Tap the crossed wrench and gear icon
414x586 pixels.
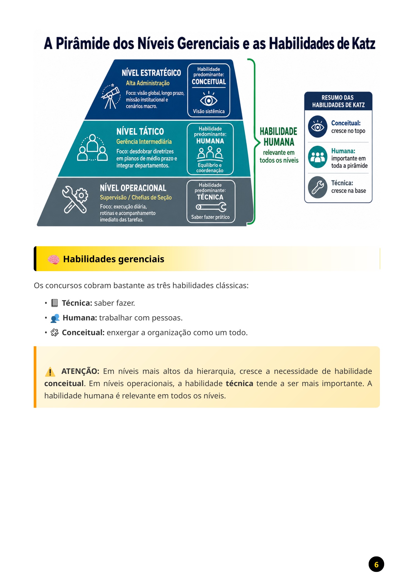click(75, 199)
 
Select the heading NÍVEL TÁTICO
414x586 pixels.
click(140, 131)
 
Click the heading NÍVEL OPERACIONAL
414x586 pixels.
click(133, 188)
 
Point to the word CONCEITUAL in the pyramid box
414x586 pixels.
click(209, 82)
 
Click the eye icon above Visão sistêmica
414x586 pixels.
click(209, 99)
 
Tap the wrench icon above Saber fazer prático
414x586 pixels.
click(211, 207)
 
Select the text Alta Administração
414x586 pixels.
click(148, 83)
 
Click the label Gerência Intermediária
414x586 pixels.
click(144, 141)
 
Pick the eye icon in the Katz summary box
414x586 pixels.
click(318, 127)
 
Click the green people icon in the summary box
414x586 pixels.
click(318, 157)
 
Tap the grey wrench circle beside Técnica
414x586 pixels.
click(318, 187)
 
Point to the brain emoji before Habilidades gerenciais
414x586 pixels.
click(53, 259)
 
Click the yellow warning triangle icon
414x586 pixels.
click(50, 372)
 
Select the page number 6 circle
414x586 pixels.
click(376, 564)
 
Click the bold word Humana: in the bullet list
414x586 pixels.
click(80, 318)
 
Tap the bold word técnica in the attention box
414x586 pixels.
click(239, 383)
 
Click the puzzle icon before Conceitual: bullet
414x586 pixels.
click(54, 332)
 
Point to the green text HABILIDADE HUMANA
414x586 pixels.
click(279, 137)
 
